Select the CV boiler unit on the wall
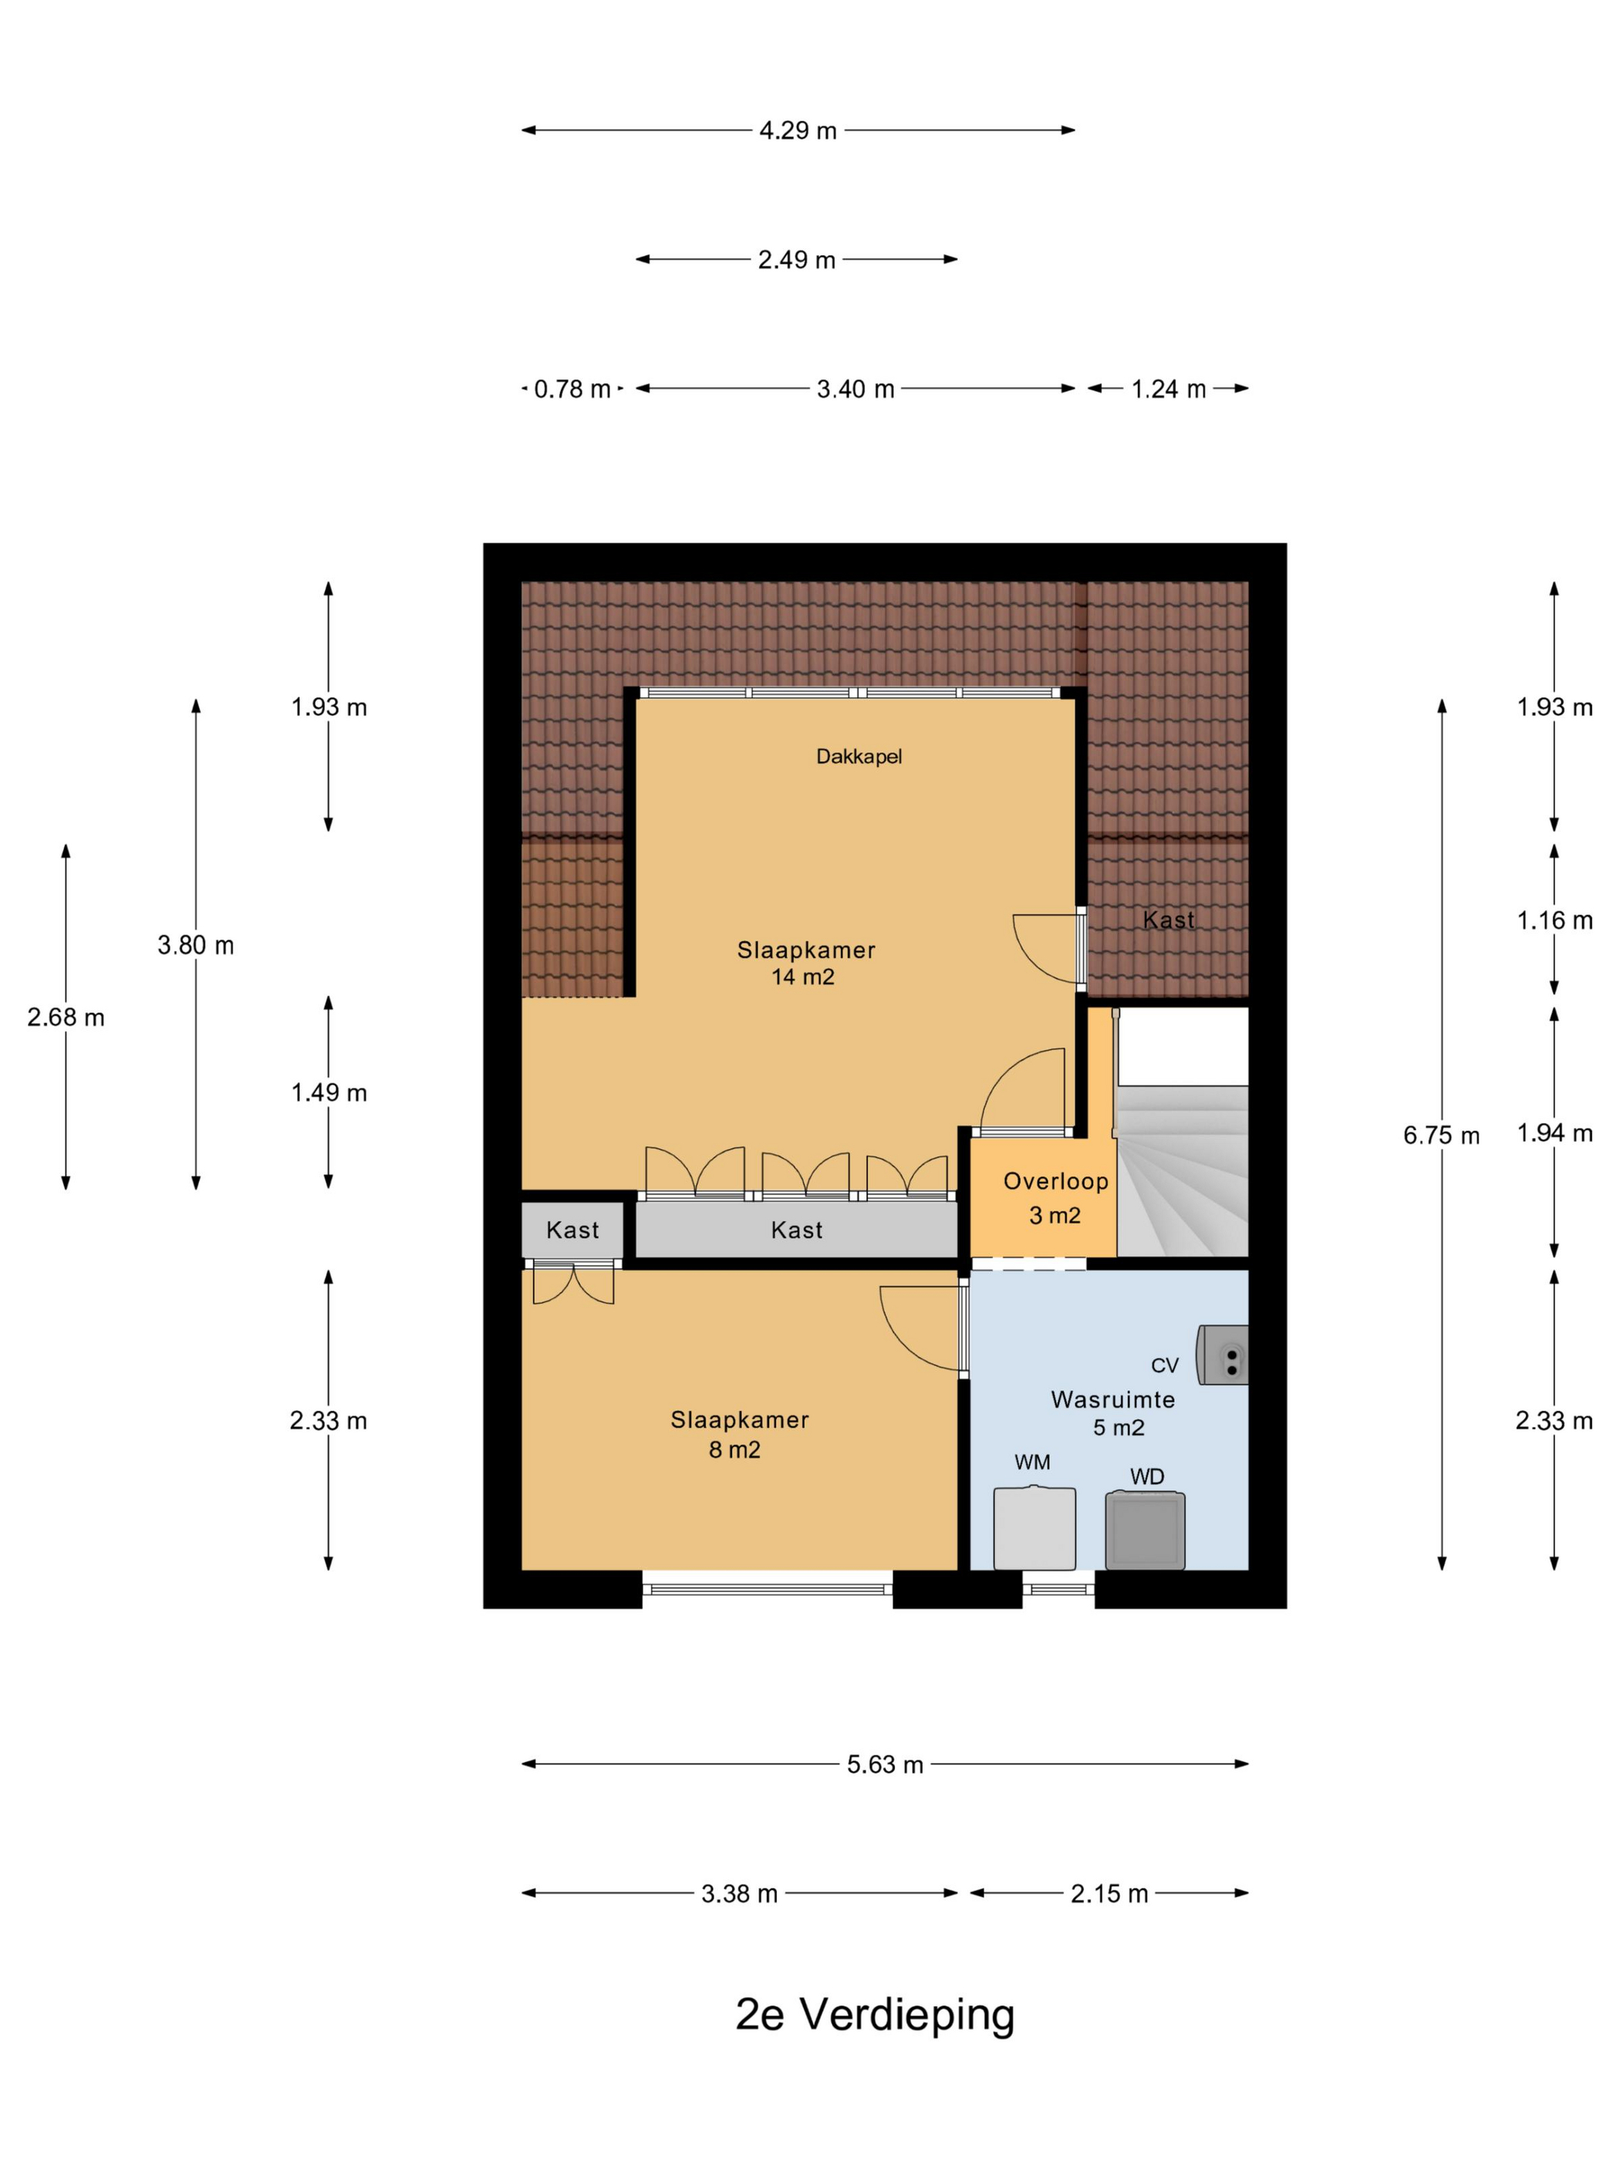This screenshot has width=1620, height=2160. [x=1223, y=1355]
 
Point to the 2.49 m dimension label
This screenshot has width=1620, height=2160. [x=797, y=260]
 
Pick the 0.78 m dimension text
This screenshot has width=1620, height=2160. [x=572, y=390]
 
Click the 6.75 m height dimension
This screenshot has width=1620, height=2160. [x=1441, y=1136]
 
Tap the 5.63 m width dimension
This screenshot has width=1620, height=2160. [x=885, y=1764]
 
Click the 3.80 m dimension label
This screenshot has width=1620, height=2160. [x=195, y=945]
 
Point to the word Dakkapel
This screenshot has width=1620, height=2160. [x=859, y=757]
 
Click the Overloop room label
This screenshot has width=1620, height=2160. [x=1055, y=1182]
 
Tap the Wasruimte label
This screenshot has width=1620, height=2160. [x=1113, y=1399]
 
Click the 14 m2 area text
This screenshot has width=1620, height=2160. [x=803, y=977]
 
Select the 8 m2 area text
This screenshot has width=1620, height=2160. [x=734, y=1450]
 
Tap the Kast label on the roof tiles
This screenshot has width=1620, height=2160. [x=1169, y=920]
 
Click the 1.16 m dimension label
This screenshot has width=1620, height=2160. [x=1554, y=920]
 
